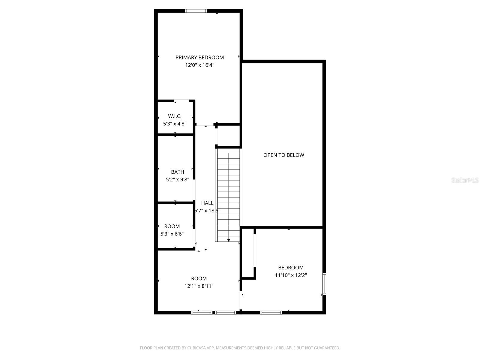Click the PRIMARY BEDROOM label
click(199, 57)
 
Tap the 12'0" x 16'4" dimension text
click(199, 65)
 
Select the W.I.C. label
click(175, 116)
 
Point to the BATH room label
click(177, 172)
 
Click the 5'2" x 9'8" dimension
click(177, 180)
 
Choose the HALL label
click(207, 203)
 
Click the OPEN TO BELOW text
click(283, 155)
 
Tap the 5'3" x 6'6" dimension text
click(172, 234)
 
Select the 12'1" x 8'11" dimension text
click(199, 286)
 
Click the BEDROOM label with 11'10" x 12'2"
click(291, 268)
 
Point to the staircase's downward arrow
click(229, 240)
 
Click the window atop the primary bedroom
click(196, 11)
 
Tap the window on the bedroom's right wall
click(324, 284)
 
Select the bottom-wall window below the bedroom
click(271, 313)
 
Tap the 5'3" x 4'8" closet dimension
click(175, 124)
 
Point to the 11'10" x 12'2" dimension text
click(291, 275)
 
